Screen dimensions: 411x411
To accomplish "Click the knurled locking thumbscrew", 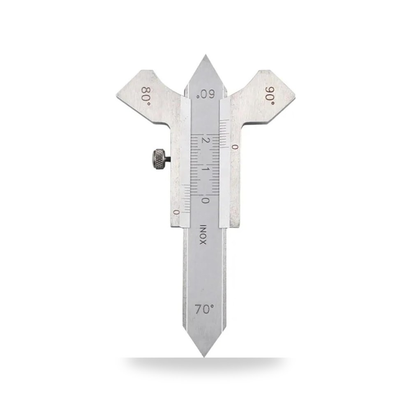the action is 159,159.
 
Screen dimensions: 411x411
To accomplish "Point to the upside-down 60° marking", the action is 206,94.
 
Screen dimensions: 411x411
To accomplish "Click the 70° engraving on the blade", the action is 204,309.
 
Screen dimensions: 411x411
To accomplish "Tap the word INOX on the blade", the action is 203,234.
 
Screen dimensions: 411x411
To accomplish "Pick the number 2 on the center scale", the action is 205,140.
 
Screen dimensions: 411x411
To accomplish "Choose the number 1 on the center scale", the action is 205,169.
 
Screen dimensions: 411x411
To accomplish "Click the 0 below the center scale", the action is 205,201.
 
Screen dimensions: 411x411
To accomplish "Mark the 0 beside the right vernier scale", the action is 235,147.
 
